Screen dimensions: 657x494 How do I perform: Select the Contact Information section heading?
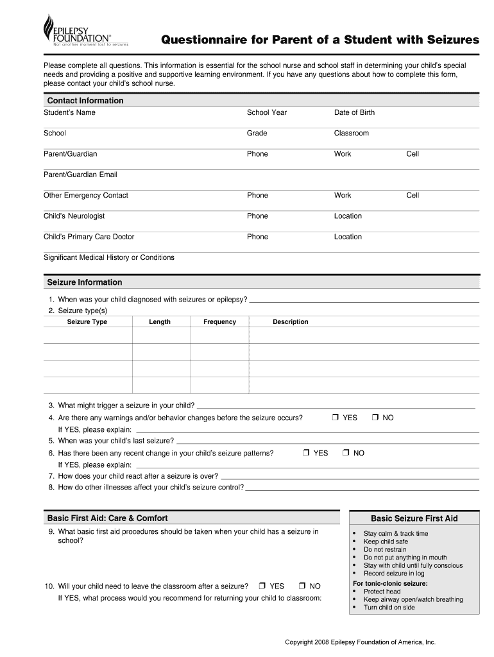(x=85, y=101)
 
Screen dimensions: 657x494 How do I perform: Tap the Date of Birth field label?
(x=354, y=113)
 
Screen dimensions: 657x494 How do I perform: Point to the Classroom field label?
(x=351, y=133)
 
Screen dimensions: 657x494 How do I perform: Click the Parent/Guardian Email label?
(x=80, y=175)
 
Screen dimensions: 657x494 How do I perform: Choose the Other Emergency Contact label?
(x=86, y=196)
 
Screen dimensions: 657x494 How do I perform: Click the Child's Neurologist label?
(x=74, y=216)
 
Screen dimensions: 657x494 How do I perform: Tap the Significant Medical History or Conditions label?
(x=108, y=258)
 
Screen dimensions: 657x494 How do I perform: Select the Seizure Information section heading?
(x=85, y=282)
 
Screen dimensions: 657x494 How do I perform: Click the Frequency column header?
(x=219, y=322)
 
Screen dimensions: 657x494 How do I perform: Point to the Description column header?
(x=290, y=322)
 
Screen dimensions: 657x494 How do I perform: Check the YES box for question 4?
(x=336, y=418)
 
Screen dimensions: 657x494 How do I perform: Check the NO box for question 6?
(x=346, y=453)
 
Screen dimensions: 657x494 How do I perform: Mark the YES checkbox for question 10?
(x=262, y=586)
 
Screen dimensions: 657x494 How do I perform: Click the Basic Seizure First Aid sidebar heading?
(x=414, y=518)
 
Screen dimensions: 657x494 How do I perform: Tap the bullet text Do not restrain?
(x=385, y=550)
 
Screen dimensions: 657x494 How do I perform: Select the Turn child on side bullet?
(x=389, y=608)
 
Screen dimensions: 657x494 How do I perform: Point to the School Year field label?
(x=267, y=113)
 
